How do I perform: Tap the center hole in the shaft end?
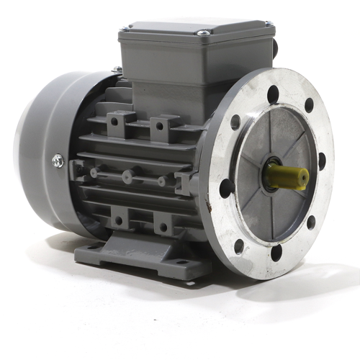pos(304,175)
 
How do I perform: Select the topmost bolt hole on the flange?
pos(274,91)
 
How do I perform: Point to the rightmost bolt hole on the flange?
pos(322,160)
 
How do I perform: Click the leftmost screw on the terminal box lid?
pos(125,28)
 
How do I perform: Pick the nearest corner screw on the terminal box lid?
pos(204,32)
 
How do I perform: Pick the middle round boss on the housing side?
pos(127,175)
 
